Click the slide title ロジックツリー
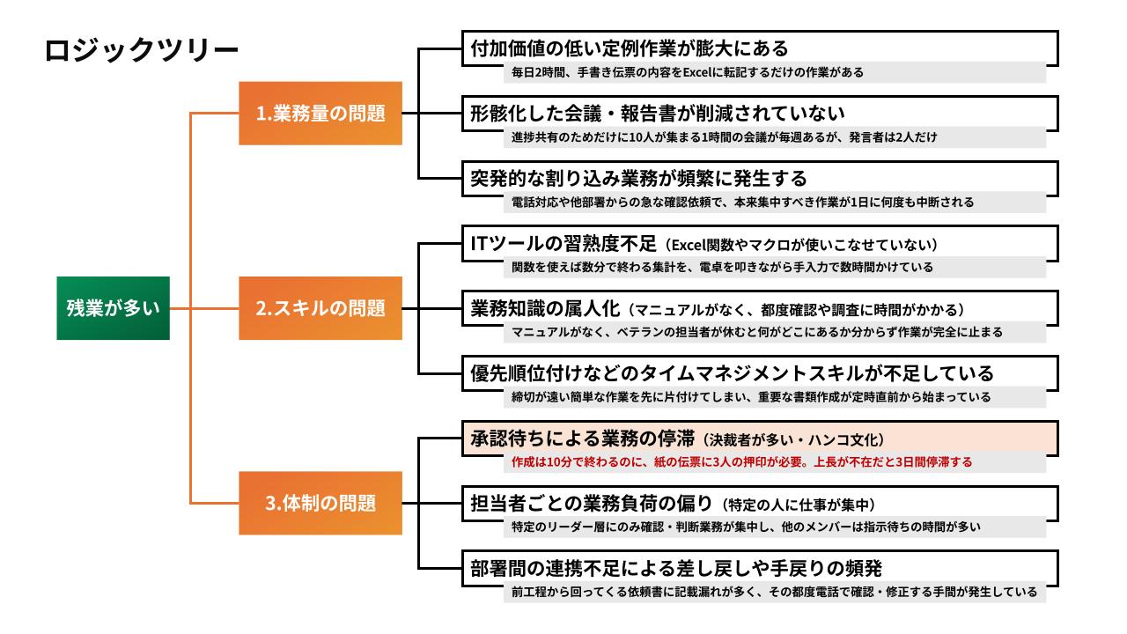pos(141,51)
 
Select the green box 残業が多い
pos(113,308)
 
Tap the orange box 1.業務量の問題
pos(320,113)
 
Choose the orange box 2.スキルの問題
pos(320,308)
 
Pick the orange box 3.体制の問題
pos(320,504)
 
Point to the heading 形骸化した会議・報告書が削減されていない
pos(658,114)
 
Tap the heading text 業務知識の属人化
pos(547,309)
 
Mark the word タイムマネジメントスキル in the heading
pos(732,373)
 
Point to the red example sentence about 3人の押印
pos(741,461)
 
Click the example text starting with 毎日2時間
pos(688,72)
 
